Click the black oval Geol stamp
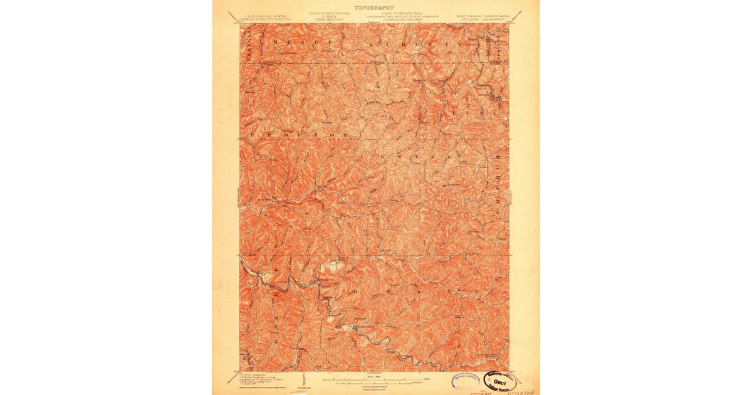point(503,382)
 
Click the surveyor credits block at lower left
point(263,381)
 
